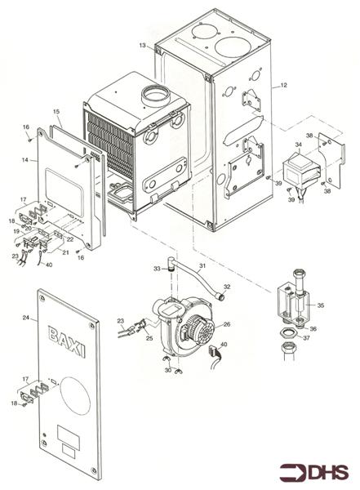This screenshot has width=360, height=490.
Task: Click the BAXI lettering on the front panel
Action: click(x=66, y=341)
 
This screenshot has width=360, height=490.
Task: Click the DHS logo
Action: click(x=313, y=472)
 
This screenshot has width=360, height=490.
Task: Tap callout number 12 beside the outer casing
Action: click(x=284, y=85)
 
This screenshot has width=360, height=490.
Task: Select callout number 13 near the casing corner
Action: click(x=143, y=45)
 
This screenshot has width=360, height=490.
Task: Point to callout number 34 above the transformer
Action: click(x=299, y=145)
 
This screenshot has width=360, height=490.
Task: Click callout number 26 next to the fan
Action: click(x=227, y=324)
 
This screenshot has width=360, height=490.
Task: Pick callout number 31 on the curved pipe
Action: click(x=202, y=265)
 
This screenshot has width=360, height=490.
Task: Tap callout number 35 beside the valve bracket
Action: click(x=321, y=305)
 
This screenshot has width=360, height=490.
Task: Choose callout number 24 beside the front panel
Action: click(x=26, y=318)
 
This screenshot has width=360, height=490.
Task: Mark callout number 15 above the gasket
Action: click(x=56, y=112)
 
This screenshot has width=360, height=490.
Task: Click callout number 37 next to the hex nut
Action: click(x=307, y=338)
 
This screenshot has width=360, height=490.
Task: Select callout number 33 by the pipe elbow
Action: click(x=157, y=269)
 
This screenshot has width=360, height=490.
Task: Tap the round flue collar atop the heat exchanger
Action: click(x=156, y=97)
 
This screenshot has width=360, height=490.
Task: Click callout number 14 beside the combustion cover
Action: click(x=25, y=160)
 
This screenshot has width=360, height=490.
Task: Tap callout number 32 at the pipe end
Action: click(x=227, y=287)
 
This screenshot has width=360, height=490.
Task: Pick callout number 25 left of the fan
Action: click(x=149, y=338)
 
